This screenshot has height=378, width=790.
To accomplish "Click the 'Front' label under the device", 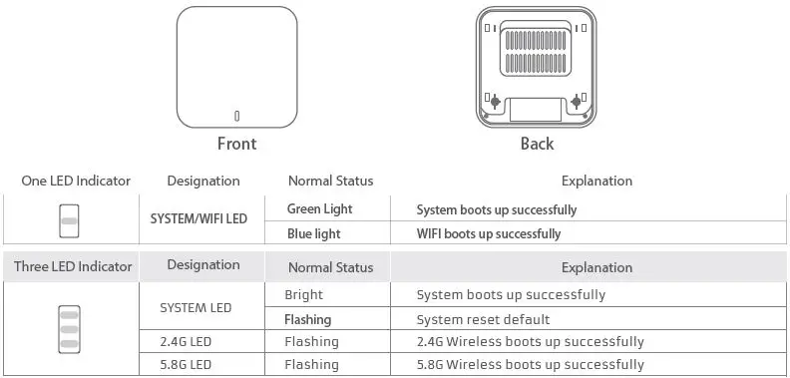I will click(236, 144).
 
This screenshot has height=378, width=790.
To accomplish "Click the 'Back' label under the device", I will click(537, 144).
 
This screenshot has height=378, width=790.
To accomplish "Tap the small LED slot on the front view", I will click(236, 115).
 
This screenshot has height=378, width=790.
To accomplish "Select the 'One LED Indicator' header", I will click(76, 181).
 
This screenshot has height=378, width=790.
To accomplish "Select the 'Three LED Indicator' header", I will click(73, 266).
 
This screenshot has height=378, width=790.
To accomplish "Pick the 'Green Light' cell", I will click(319, 209).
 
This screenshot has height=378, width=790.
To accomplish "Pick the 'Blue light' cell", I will click(313, 234).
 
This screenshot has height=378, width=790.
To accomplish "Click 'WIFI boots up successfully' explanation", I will click(488, 234).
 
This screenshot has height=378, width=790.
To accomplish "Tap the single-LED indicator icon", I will click(69, 221).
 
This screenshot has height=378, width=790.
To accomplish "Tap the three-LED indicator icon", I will click(69, 328).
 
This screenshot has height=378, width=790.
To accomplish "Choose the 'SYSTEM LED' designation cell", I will click(196, 307).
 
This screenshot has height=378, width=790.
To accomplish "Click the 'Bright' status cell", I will click(303, 295).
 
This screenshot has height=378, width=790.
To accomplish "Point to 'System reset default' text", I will click(483, 320).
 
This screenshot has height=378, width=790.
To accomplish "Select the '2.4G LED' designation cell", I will click(186, 342).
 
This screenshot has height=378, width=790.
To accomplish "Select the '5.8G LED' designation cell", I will click(186, 365).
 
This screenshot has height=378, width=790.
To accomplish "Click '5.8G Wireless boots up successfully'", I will click(530, 365).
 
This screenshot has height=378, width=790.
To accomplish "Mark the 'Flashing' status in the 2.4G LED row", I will click(311, 342).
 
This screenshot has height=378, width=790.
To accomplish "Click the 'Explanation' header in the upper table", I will click(596, 181).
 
